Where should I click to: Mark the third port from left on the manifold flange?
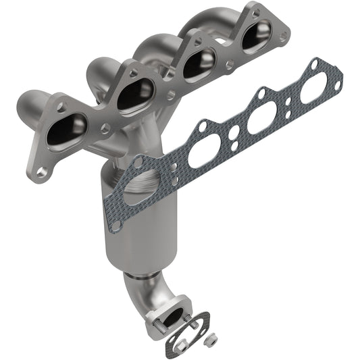click(x=201, y=64)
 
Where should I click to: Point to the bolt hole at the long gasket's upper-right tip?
click(x=313, y=65)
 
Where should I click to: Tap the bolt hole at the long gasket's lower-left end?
click(x=116, y=222)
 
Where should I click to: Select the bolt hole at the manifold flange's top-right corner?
click(x=255, y=12)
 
